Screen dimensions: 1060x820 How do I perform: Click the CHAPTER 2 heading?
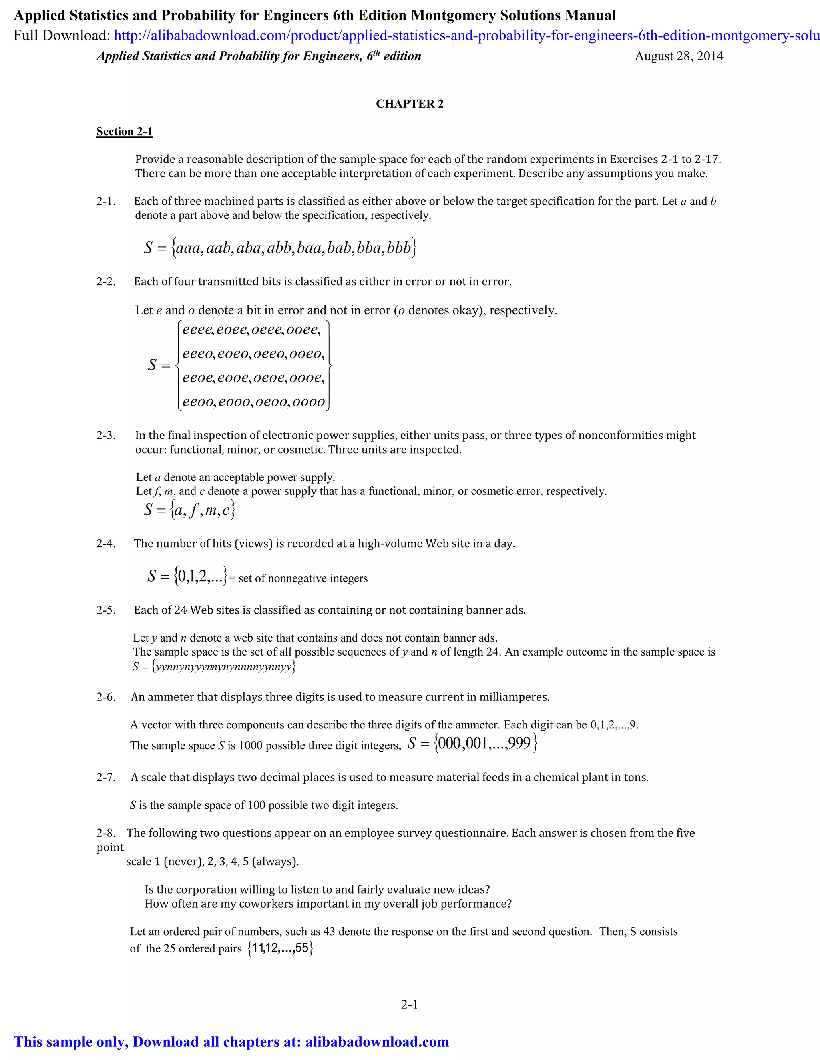tap(410, 104)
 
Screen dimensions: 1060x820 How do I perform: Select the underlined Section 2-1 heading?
tap(125, 132)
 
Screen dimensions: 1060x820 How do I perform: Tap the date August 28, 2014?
tap(679, 56)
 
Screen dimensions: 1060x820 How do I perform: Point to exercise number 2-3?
tap(106, 435)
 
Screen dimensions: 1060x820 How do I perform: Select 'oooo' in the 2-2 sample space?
tap(307, 402)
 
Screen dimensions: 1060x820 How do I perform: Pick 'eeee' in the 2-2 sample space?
tap(197, 330)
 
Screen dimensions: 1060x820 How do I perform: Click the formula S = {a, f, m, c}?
tap(189, 510)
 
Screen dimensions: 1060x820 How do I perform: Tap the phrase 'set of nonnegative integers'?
tap(303, 578)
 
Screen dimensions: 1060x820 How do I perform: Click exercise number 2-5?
tap(106, 610)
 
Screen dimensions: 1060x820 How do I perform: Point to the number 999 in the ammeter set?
tap(520, 744)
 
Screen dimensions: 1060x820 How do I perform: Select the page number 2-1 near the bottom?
tap(410, 1004)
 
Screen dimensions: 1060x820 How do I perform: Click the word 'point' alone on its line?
tap(110, 848)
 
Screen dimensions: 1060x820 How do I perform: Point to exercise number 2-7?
tap(106, 778)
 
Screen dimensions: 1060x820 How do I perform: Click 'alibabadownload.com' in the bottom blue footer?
tap(377, 1042)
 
